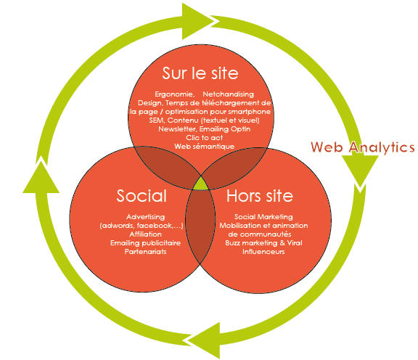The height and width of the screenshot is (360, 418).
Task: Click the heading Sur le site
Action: click(200, 73)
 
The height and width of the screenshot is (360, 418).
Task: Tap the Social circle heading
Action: click(142, 195)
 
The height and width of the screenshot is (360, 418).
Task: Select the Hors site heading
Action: click(260, 196)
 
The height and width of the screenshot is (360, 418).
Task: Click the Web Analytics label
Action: click(363, 147)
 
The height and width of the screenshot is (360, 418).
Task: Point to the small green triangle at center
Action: click(201, 184)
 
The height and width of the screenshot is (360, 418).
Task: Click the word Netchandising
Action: click(228, 94)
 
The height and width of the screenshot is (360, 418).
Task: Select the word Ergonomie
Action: click(174, 94)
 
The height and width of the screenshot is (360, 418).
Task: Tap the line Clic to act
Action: click(204, 138)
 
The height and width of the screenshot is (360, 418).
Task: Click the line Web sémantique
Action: click(205, 147)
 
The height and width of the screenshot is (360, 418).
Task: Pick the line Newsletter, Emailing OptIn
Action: click(205, 129)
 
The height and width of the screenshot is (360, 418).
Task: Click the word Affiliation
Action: click(146, 234)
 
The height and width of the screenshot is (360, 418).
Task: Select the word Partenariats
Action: click(146, 251)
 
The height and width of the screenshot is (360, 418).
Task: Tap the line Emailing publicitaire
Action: click(146, 243)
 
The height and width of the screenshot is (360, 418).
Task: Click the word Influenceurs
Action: click(263, 251)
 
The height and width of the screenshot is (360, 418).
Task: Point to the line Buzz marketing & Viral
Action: click(263, 243)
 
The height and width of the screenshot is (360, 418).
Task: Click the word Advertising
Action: click(146, 217)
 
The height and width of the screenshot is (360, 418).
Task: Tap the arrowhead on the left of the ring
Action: click(41, 176)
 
